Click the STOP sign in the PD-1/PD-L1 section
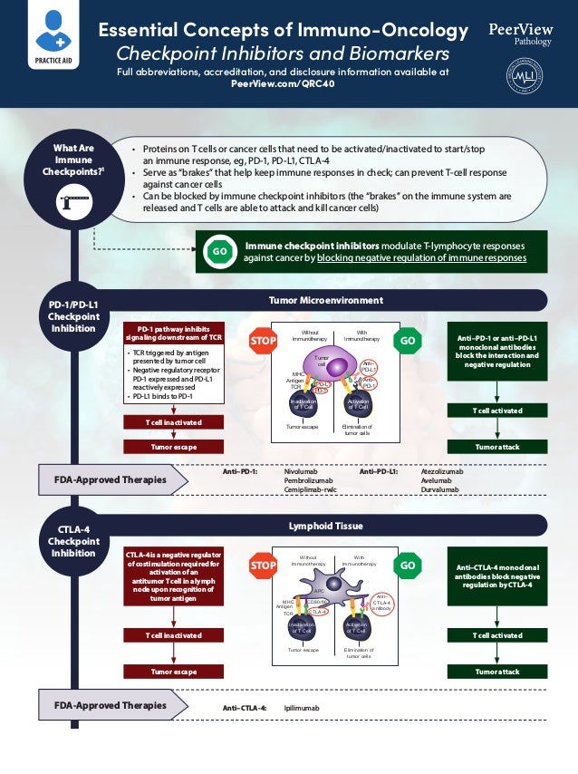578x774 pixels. [x=262, y=340]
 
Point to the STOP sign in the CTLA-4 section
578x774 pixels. [x=262, y=566]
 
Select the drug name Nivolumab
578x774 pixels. [x=300, y=472]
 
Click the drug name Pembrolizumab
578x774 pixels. [x=308, y=481]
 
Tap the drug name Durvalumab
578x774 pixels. [x=439, y=490]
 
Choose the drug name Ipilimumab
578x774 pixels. [x=302, y=707]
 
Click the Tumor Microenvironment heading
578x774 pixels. [x=325, y=300]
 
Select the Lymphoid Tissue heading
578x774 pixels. [x=325, y=525]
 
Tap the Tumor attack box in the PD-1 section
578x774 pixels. [x=496, y=446]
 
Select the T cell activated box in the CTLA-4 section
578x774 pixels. [x=496, y=635]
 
